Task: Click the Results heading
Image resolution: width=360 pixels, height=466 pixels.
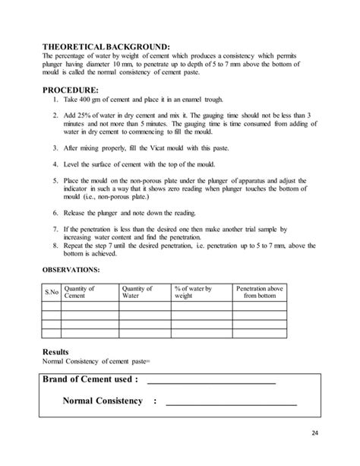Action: click(x=57, y=352)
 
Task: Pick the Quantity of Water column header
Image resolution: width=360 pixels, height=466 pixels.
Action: click(x=137, y=293)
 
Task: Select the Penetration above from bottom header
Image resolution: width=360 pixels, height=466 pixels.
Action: click(x=260, y=293)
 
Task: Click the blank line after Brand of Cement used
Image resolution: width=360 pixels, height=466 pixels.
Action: click(x=210, y=380)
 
